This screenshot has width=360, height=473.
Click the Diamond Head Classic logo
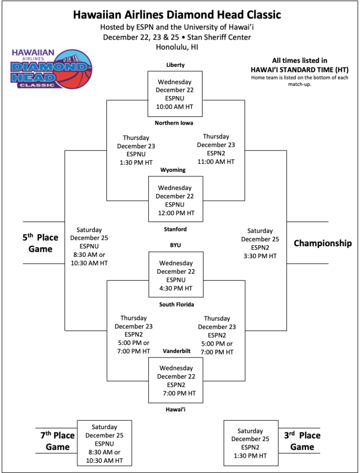coord(52,69)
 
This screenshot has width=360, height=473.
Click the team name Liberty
coord(175,65)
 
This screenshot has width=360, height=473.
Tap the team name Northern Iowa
coord(174,123)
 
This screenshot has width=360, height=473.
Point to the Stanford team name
coord(175,229)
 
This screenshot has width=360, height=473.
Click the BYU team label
coord(176,245)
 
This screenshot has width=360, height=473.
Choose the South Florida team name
coord(176,304)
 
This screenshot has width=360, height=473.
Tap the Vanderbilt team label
coord(176,351)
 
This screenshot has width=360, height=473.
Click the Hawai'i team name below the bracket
coord(176,409)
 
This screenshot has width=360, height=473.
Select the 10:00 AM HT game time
coord(174,107)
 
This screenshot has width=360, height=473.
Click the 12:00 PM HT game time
coord(175,213)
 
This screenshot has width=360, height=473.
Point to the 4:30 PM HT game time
coord(176,288)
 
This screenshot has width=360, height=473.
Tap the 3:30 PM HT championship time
coord(260,256)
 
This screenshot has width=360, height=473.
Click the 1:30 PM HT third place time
coord(250,456)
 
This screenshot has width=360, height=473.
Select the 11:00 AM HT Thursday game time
coord(216,162)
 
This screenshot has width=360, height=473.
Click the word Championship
coord(323,243)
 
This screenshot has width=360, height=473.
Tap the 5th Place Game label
coord(41,243)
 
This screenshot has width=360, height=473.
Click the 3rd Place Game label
coord(302,441)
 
